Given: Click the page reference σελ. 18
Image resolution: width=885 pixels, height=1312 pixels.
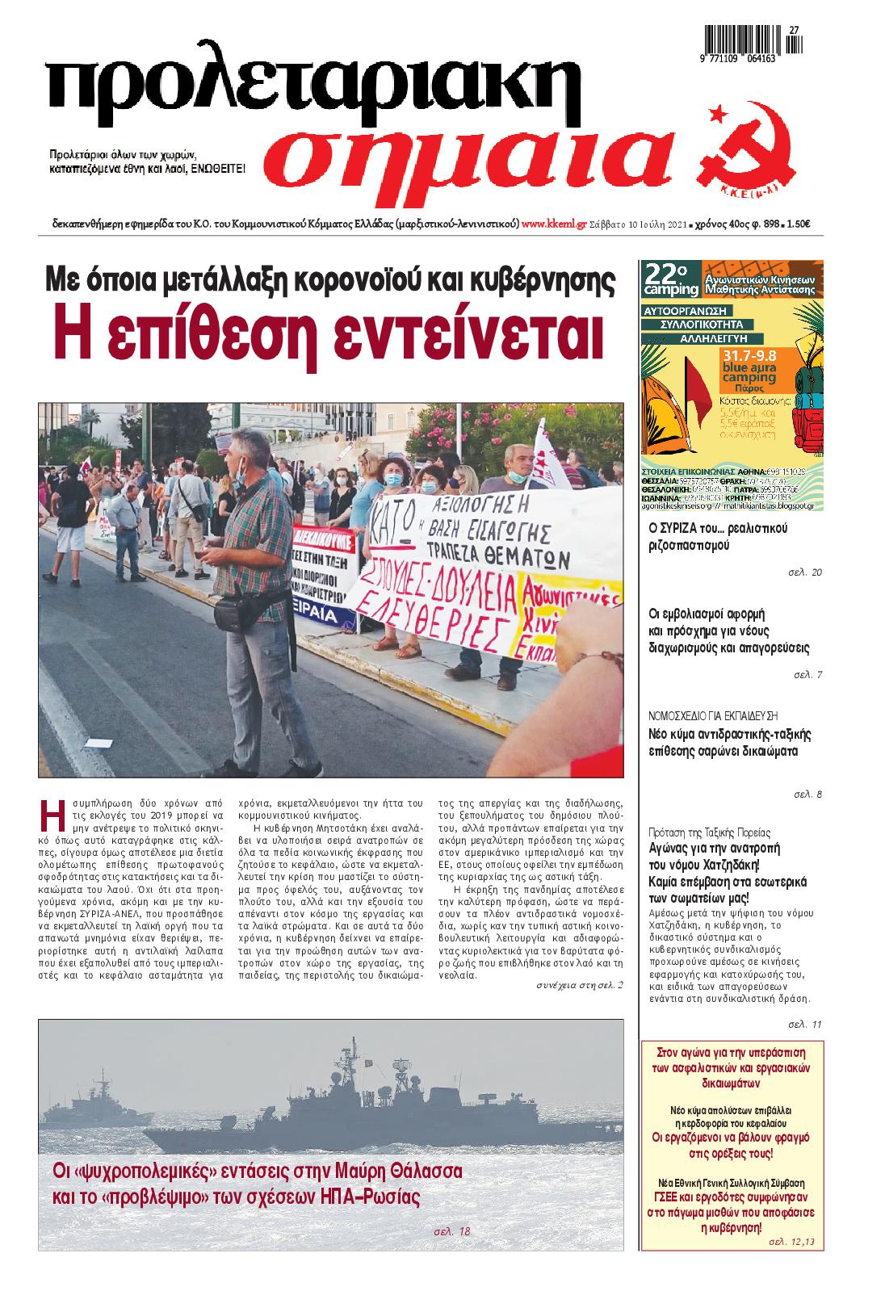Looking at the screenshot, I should (451, 1232).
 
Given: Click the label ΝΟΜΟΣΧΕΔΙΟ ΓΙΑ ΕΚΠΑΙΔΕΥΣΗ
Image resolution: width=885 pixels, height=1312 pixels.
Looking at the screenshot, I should (713, 715).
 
